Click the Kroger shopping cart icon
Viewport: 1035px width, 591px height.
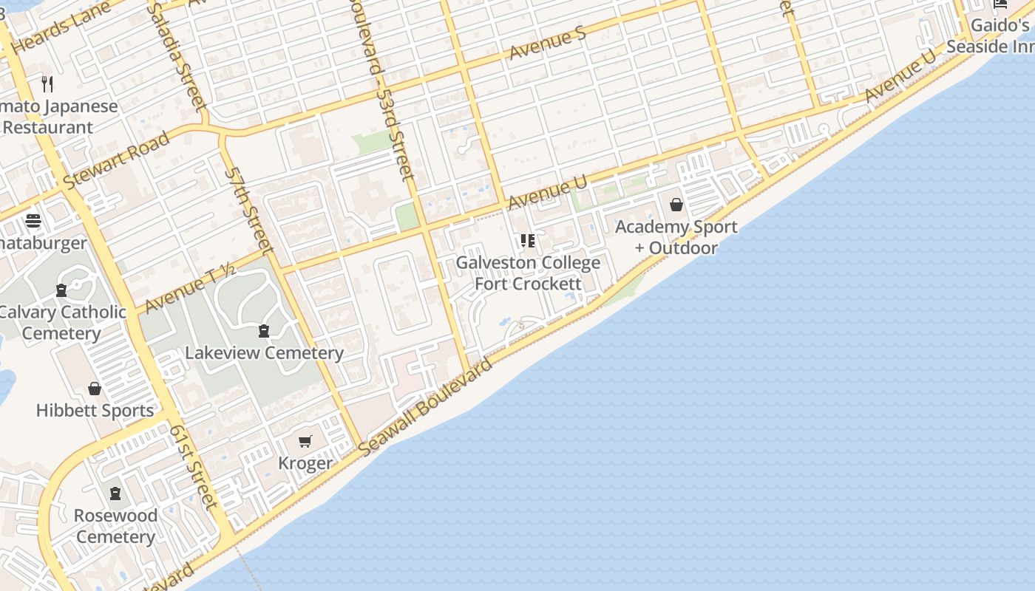305,442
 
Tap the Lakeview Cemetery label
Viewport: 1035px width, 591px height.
264,352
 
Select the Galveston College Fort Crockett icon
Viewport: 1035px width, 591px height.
527,241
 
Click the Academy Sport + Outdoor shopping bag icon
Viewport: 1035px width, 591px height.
676,205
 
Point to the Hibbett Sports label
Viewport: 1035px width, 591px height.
95,410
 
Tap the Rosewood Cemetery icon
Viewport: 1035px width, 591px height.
115,493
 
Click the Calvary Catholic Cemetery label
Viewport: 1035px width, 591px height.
62,322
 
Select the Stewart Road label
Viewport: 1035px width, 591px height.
116,160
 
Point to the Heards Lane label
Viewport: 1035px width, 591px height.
61,29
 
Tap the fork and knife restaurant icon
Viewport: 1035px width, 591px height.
48,84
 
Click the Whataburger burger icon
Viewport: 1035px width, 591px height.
33,221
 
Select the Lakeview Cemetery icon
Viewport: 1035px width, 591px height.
264,330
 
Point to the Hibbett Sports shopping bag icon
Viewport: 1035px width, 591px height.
95,389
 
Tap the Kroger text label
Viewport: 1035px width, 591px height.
305,463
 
